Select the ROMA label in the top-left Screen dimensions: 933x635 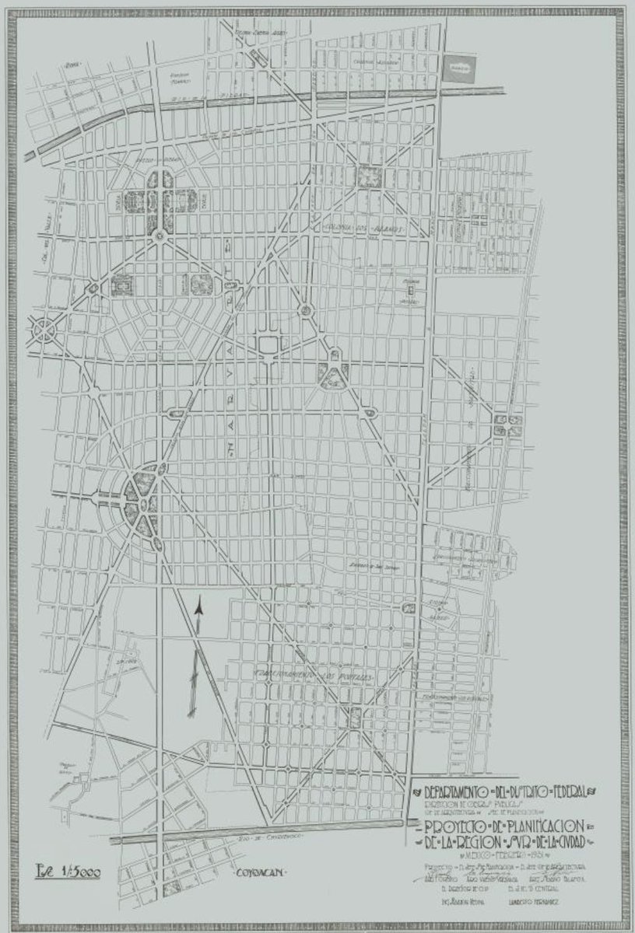click(74, 65)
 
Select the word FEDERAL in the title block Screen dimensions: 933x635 click(572, 788)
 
